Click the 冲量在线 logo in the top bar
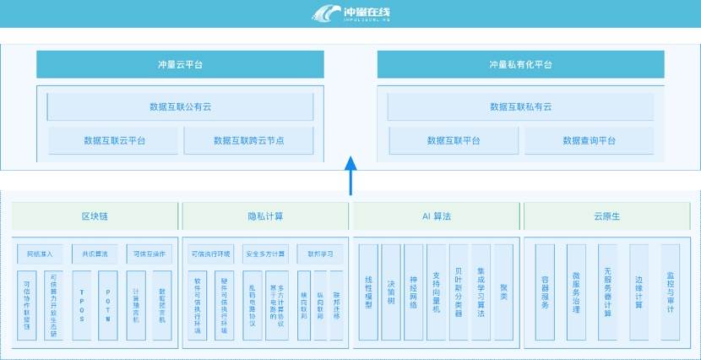tap(350, 14)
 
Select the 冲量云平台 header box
tap(180, 64)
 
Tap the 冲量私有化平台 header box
tap(520, 64)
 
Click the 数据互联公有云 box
tap(180, 106)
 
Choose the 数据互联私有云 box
tap(520, 106)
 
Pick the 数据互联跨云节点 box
tap(248, 140)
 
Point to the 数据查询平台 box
tap(590, 140)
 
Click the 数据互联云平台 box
tap(114, 140)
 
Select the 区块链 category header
tap(95, 216)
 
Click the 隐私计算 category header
tap(265, 216)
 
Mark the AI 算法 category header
tap(436, 216)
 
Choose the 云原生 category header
tap(606, 216)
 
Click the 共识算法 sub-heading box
tap(95, 254)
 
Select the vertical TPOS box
tap(81, 304)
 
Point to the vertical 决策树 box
tap(391, 292)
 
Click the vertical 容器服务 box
tap(545, 292)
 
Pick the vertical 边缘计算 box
tap(639, 292)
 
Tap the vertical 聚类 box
tap(503, 292)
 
